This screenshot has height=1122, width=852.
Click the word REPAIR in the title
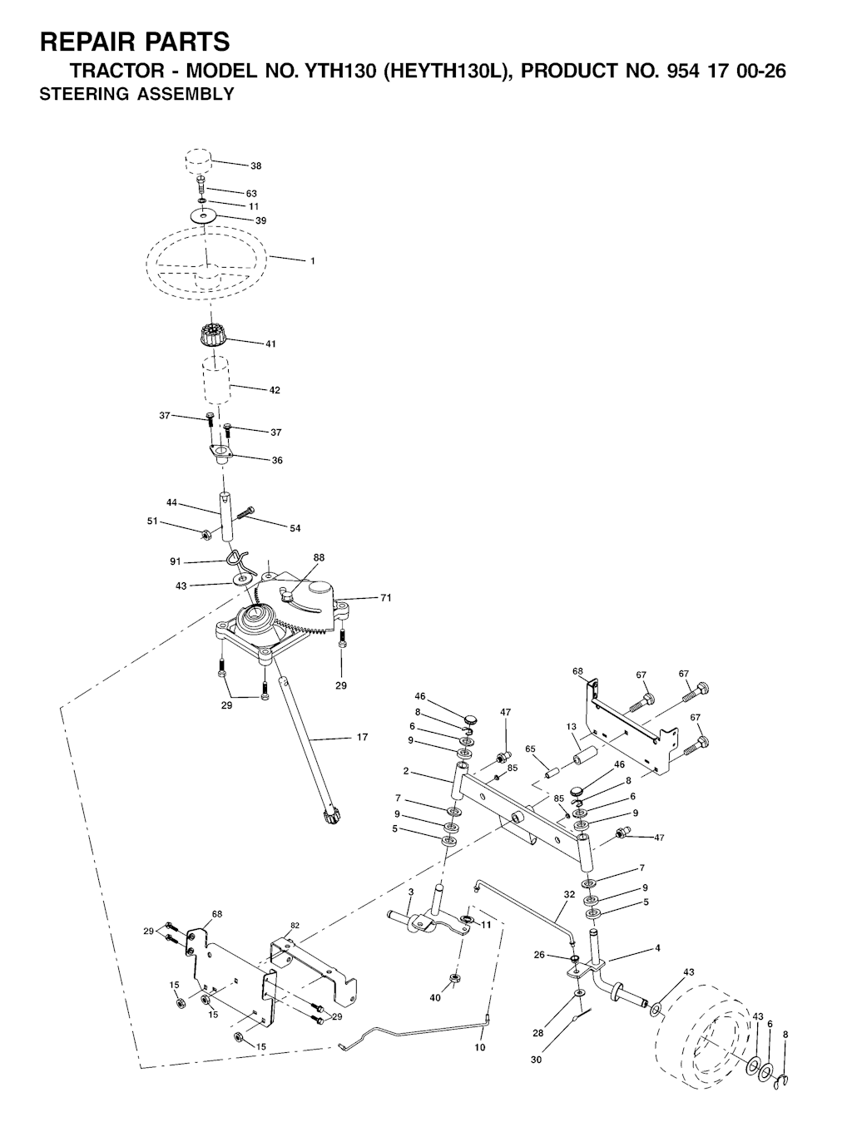91,42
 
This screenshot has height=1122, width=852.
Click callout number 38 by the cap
255,166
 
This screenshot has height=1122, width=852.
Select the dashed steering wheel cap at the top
199,161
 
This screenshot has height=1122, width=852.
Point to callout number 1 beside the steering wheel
313,260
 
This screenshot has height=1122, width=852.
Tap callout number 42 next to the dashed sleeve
275,390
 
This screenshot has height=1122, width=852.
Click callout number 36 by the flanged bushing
276,460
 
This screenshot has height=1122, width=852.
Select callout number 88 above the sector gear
319,558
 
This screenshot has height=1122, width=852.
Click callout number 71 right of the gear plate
386,597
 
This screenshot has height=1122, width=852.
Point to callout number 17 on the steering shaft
362,737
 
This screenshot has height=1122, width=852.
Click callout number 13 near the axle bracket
571,726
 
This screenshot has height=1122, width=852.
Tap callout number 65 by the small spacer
530,749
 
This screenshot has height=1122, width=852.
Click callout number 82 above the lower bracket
295,925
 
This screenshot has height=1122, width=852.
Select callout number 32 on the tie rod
569,895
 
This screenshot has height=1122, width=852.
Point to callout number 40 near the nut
435,997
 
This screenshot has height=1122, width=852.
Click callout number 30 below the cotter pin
536,1060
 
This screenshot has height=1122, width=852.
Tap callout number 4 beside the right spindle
657,948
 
